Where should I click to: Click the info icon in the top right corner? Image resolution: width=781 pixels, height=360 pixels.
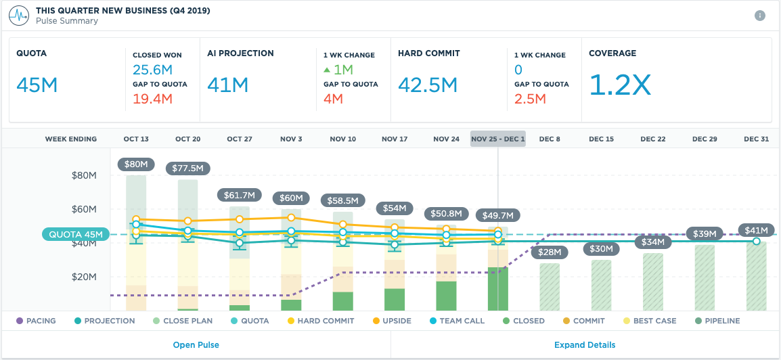click(760, 16)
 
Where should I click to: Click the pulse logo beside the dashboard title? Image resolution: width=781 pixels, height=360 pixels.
click(18, 16)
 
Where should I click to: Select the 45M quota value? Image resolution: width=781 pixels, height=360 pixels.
click(37, 85)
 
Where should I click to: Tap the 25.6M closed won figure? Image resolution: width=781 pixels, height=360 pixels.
click(152, 70)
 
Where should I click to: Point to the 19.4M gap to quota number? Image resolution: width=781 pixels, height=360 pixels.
click(152, 99)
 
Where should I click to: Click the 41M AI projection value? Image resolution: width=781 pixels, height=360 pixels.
click(228, 85)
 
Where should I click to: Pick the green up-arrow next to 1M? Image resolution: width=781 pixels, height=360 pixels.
click(327, 70)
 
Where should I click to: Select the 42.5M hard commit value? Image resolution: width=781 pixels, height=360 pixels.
click(428, 85)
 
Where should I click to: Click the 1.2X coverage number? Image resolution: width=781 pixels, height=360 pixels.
click(619, 85)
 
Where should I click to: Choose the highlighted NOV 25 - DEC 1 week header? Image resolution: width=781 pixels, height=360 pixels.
click(497, 139)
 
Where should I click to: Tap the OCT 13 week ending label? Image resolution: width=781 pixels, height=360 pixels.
click(136, 139)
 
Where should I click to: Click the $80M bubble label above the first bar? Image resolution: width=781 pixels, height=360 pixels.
click(136, 164)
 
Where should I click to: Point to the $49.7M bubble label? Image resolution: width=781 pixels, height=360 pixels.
click(497, 216)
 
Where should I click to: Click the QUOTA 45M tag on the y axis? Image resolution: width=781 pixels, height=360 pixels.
click(75, 235)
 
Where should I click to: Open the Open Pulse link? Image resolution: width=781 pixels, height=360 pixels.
click(196, 345)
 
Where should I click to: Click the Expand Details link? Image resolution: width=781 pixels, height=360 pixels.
click(585, 345)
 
